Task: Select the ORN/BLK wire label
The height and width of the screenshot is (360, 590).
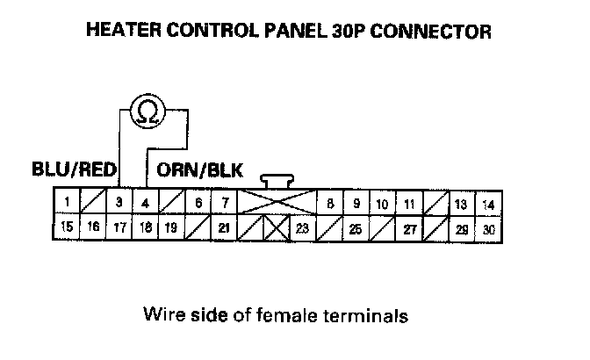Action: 201,169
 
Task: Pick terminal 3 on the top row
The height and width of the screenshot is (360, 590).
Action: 119,204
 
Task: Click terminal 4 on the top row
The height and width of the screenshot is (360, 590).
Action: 145,204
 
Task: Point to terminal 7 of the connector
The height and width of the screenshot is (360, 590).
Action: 226,204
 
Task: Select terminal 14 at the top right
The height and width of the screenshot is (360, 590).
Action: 489,204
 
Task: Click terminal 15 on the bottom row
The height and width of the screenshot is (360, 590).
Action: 66,229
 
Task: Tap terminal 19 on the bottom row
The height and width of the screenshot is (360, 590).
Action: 171,229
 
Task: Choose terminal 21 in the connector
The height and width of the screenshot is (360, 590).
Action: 225,229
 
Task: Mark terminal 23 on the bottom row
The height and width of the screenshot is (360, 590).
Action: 302,229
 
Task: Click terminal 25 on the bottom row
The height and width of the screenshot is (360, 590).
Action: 356,229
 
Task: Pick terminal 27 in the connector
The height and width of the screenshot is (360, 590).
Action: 409,229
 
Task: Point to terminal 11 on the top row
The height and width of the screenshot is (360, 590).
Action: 409,204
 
